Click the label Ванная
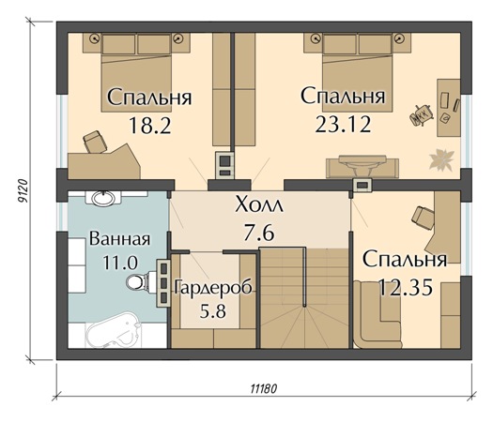119,238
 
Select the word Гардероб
212,288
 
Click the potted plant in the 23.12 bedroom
439,158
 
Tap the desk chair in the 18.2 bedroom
95,141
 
